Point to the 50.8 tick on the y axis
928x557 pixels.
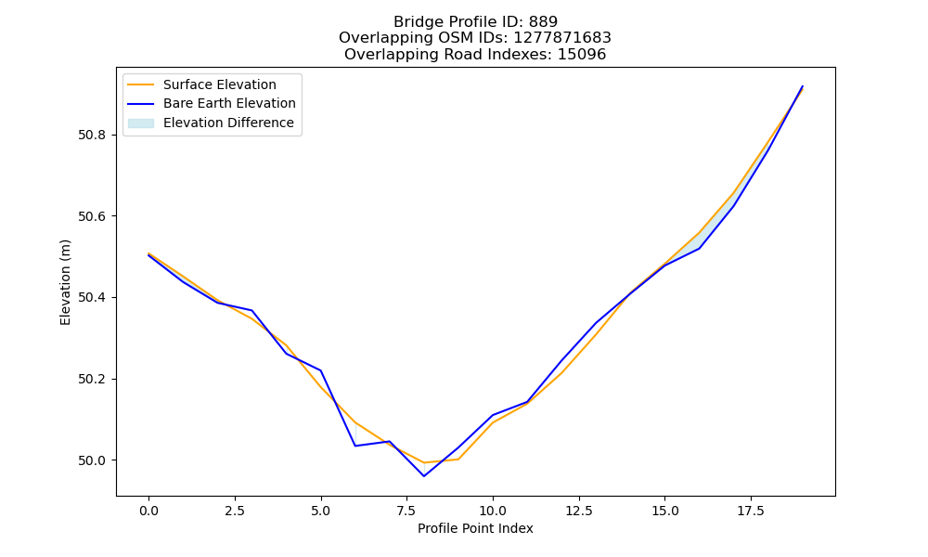click(92, 135)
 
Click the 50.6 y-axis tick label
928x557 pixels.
click(92, 216)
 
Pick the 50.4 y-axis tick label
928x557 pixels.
click(92, 298)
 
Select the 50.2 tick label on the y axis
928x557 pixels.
click(92, 380)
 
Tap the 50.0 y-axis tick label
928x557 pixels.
click(92, 460)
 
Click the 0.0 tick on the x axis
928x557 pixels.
click(148, 511)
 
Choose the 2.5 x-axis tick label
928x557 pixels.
click(235, 511)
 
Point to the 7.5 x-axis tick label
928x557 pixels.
click(406, 511)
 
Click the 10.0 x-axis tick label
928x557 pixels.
click(493, 511)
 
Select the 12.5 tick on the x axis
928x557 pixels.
click(579, 511)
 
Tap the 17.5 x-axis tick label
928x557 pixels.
click(751, 511)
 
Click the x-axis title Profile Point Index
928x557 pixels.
click(475, 528)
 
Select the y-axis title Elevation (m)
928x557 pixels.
click(65, 282)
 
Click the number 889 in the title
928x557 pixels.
click(543, 22)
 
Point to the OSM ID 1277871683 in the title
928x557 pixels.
click(562, 38)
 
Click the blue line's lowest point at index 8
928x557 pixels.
click(424, 476)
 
